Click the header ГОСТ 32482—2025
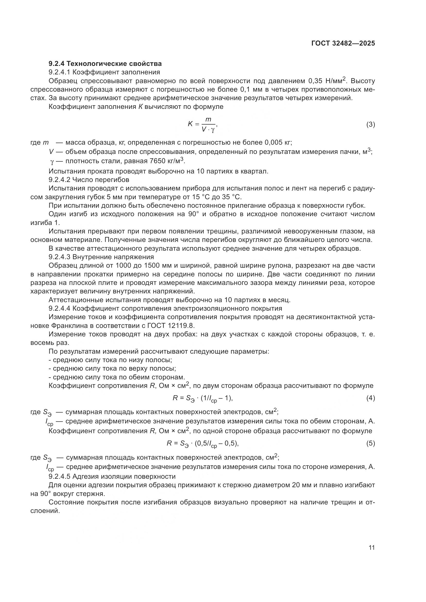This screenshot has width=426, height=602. click(343, 43)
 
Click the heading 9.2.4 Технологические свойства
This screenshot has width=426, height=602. click(105, 64)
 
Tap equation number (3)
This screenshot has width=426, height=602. click(370, 124)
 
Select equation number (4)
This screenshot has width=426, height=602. click(370, 398)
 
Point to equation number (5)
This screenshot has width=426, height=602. click(370, 443)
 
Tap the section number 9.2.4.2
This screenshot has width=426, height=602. click(59, 180)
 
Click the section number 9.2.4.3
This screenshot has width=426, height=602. click(59, 257)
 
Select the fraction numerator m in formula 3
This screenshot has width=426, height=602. click(208, 120)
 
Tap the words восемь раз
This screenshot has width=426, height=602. click(50, 343)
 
